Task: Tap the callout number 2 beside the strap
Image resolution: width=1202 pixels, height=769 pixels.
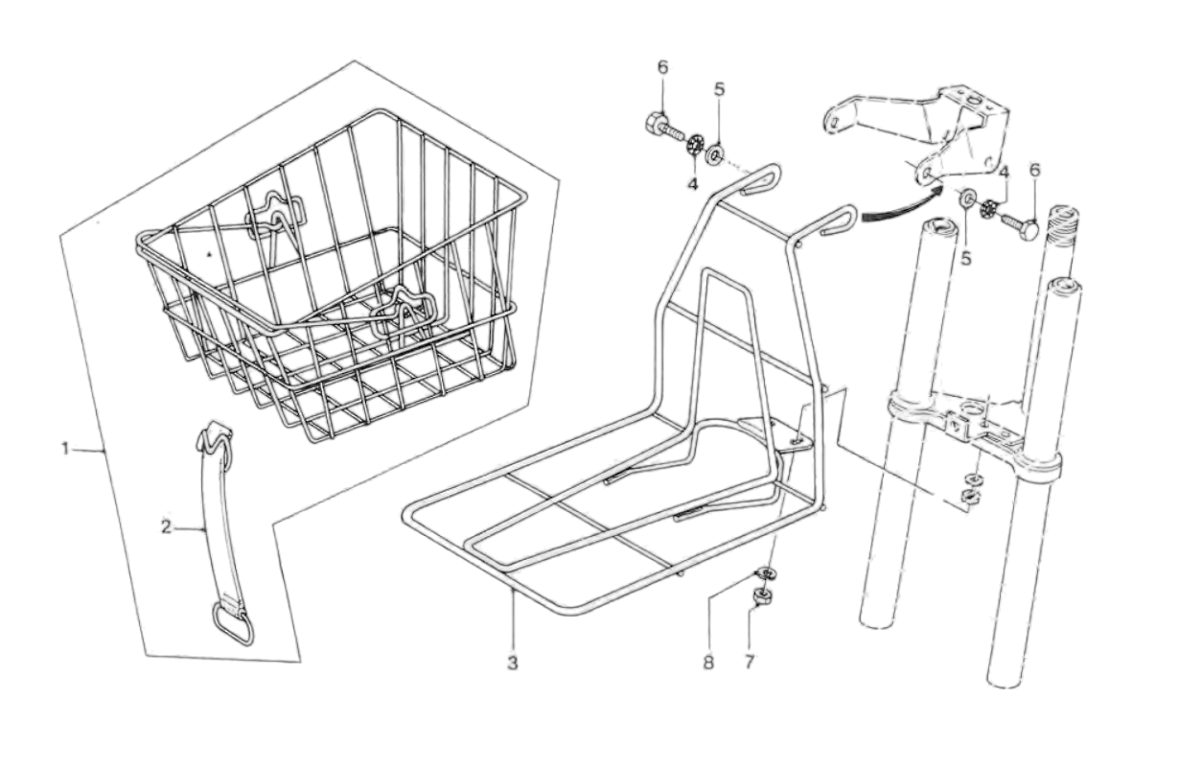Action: coord(166,526)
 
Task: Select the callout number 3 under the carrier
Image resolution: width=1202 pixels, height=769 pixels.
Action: coord(513,663)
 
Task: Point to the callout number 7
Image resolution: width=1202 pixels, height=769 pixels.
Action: coord(749,663)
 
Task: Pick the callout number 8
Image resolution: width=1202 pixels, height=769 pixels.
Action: coord(708,663)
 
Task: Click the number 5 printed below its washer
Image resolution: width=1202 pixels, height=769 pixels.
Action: coord(966,257)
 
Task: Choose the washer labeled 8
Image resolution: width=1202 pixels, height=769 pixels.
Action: coord(766,573)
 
